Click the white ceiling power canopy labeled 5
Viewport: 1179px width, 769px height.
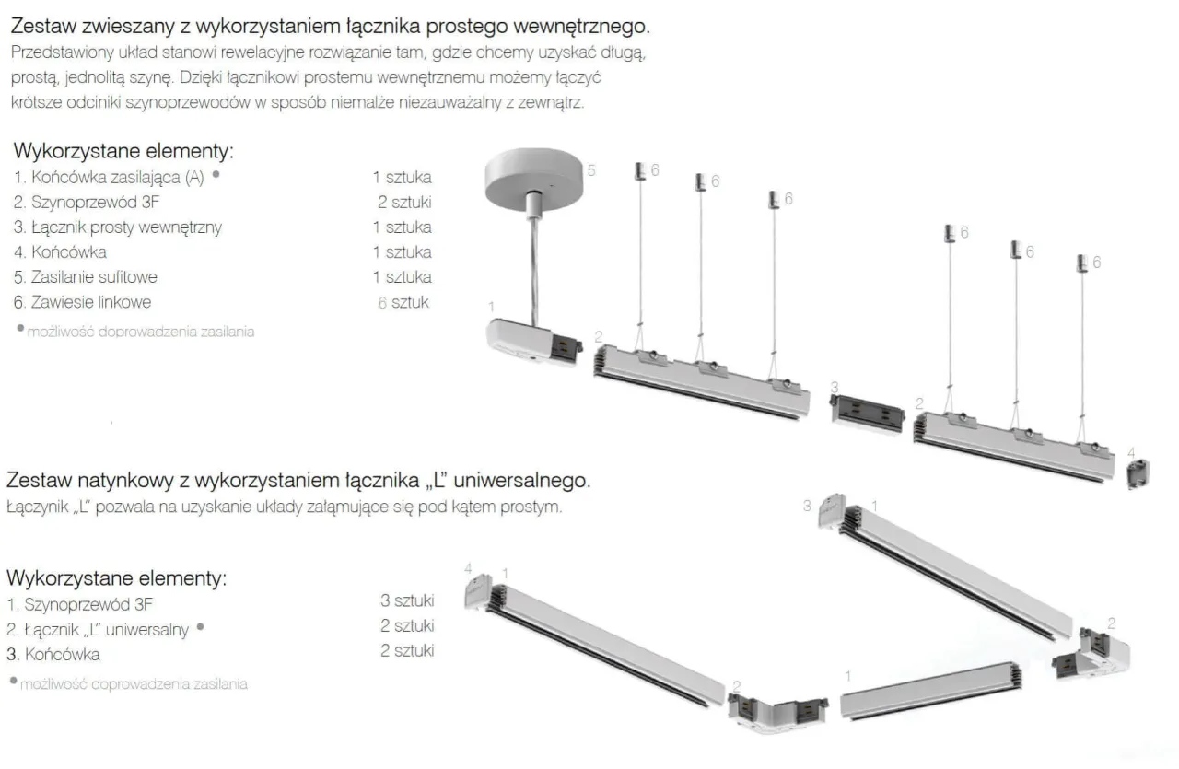[535, 173]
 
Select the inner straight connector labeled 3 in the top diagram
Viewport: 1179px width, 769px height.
[864, 410]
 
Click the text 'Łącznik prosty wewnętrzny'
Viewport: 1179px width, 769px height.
[117, 227]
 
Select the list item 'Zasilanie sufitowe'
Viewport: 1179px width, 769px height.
[85, 276]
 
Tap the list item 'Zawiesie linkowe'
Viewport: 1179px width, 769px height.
[82, 301]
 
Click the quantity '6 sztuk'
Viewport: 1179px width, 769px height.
[403, 301]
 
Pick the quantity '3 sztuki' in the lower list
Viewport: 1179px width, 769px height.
[406, 600]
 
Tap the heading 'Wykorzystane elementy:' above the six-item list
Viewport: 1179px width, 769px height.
[123, 150]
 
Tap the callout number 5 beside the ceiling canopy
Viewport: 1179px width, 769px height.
[592, 170]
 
